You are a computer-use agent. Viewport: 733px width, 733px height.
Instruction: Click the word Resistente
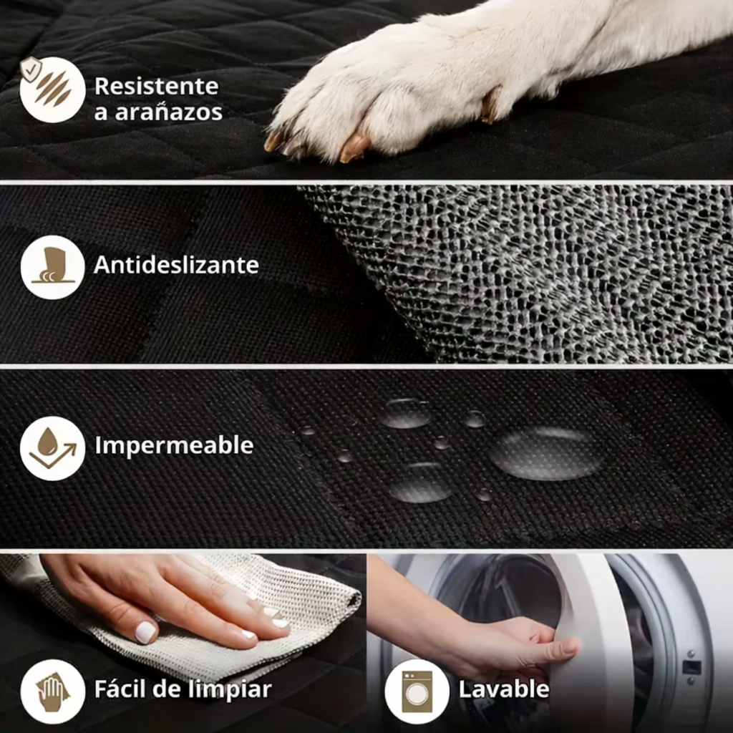pyautogui.click(x=156, y=86)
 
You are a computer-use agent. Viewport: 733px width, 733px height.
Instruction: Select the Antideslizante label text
pyautogui.click(x=176, y=266)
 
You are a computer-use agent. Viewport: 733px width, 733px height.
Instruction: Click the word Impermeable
pyautogui.click(x=174, y=445)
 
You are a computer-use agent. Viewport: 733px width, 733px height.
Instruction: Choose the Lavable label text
pyautogui.click(x=504, y=690)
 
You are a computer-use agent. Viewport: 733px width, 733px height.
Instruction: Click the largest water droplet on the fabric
pyautogui.click(x=548, y=454)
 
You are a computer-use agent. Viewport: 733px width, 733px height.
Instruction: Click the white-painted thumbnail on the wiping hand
pyautogui.click(x=145, y=631)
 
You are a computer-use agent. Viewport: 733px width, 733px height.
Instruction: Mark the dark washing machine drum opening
pyautogui.click(x=501, y=587)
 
